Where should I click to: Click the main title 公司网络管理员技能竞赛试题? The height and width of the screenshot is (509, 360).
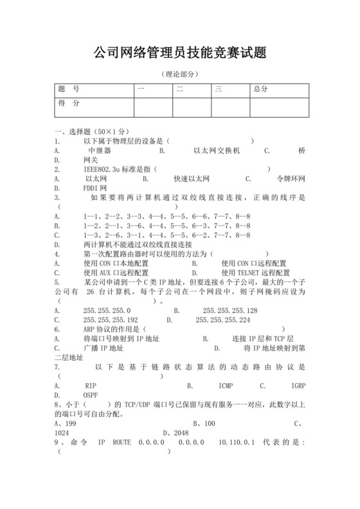[x=179, y=52]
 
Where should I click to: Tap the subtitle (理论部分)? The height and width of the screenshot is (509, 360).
[x=179, y=74]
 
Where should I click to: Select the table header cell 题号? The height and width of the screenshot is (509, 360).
[x=69, y=89]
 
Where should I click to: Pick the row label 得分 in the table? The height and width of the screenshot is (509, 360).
[x=69, y=103]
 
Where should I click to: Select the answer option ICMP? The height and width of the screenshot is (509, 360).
[x=225, y=386]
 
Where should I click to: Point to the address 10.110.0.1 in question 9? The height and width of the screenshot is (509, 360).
[x=237, y=443]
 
